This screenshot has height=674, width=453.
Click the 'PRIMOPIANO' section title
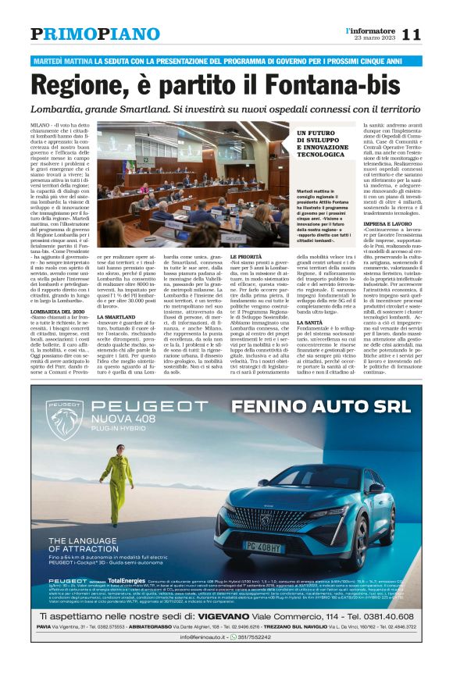tap(95, 34)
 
